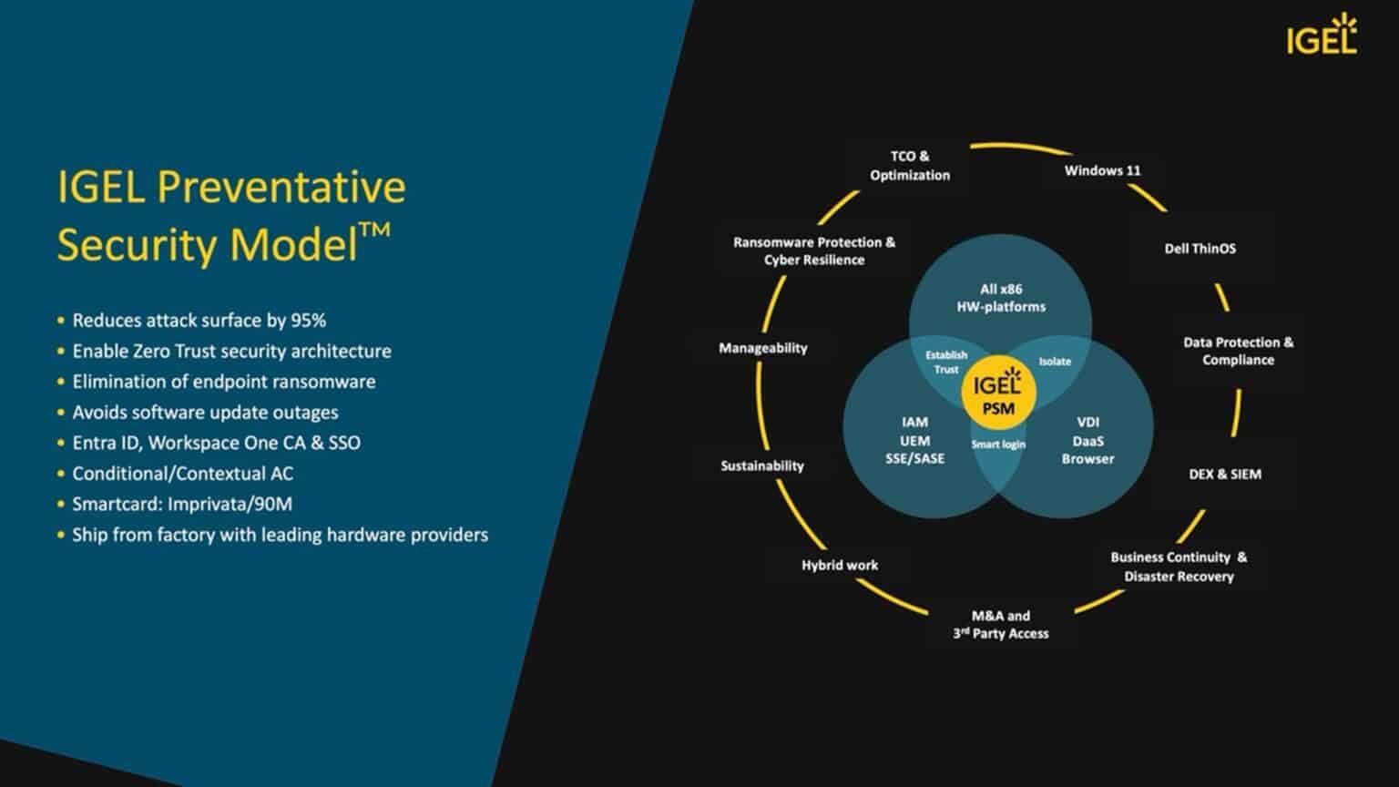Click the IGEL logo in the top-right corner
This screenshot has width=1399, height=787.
coord(1321,36)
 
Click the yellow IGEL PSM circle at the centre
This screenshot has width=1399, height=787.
coord(998,393)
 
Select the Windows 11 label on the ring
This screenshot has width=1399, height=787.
coord(1102,170)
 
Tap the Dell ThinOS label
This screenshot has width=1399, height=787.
coord(1200,249)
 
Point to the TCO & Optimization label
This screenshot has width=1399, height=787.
coord(909,166)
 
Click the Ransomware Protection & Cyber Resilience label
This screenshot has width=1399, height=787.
coord(814,251)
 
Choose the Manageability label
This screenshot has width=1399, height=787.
coord(762,348)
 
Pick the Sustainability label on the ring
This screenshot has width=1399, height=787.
coord(762,465)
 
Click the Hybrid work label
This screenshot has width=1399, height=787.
coord(839,565)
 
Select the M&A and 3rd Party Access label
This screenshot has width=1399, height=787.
coord(1000,625)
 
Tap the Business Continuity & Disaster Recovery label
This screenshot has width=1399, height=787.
coord(1179,567)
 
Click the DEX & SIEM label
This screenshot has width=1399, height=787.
coord(1225,474)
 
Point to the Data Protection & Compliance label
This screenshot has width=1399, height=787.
coord(1238,352)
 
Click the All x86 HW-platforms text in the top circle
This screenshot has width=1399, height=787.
coord(1000,298)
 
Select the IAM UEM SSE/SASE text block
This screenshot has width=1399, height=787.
coord(914,440)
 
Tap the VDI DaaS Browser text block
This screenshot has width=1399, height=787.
coord(1088,440)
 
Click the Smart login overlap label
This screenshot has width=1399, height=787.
coord(998,445)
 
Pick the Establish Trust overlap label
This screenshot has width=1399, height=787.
coord(945,363)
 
